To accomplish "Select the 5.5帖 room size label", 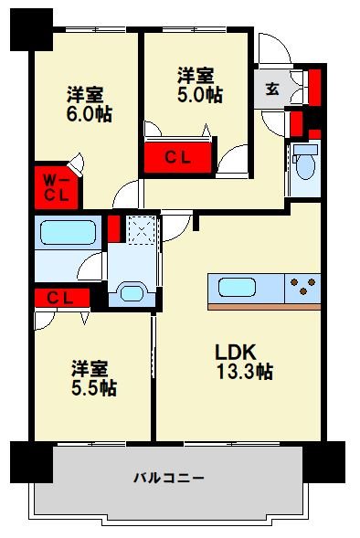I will [x=94, y=388].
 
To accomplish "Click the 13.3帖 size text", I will [x=244, y=373].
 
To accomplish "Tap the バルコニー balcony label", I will [x=169, y=477].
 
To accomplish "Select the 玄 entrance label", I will [x=272, y=89].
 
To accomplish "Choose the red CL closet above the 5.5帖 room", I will [x=60, y=297].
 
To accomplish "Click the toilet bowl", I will [x=305, y=165].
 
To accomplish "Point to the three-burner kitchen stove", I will [x=304, y=287].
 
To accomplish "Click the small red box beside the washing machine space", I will [x=114, y=227].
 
